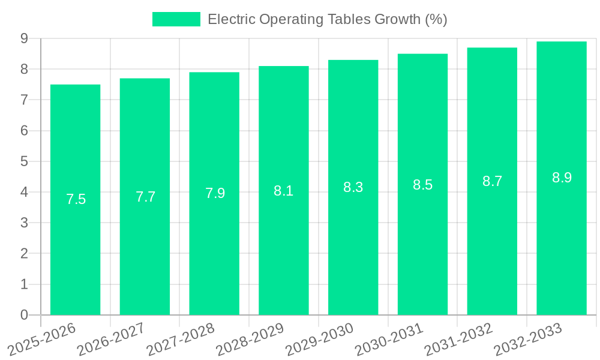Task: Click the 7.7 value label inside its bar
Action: [x=145, y=197]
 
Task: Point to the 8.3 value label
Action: [x=353, y=187]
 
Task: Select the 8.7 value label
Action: [x=492, y=181]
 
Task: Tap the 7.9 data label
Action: [x=215, y=193]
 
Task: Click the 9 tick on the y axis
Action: [x=24, y=38]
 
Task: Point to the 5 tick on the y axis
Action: [x=24, y=161]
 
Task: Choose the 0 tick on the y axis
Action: [x=24, y=315]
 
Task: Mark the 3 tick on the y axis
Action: [x=24, y=223]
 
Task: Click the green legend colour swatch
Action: [x=176, y=19]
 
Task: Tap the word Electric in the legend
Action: [x=231, y=19]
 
